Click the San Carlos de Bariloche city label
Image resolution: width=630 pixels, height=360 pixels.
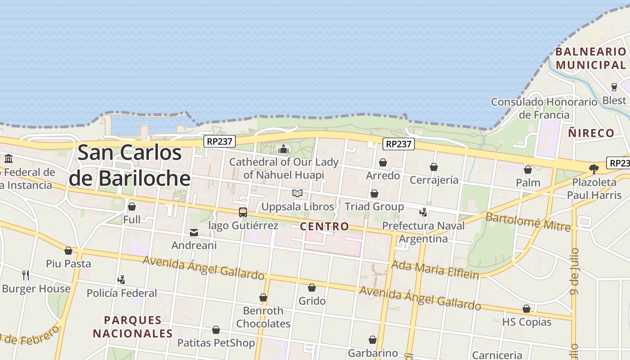130,166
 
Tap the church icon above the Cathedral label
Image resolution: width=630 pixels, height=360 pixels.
283,149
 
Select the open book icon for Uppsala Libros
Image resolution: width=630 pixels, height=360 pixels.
297,193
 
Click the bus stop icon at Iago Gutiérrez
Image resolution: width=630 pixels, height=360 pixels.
243,212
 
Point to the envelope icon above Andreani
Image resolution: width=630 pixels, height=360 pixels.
194,233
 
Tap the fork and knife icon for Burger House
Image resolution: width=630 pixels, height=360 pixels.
26,275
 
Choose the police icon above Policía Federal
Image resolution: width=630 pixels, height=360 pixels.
121,280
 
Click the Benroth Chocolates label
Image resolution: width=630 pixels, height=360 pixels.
263,317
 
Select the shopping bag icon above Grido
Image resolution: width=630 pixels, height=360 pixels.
312,288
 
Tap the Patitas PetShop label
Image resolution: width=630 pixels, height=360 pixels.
216,343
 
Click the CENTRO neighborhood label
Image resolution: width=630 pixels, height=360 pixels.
324,226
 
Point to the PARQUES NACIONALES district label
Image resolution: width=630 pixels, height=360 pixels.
133,327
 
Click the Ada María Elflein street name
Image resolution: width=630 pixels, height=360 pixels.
435,269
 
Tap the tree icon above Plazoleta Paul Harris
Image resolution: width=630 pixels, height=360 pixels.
594,169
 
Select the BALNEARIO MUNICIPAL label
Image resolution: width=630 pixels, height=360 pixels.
590,58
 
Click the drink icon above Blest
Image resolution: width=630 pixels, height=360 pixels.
614,87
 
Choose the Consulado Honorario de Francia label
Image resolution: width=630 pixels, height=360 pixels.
544,108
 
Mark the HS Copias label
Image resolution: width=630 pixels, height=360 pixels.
526,322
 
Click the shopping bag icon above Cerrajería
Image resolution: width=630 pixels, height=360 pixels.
434,167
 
